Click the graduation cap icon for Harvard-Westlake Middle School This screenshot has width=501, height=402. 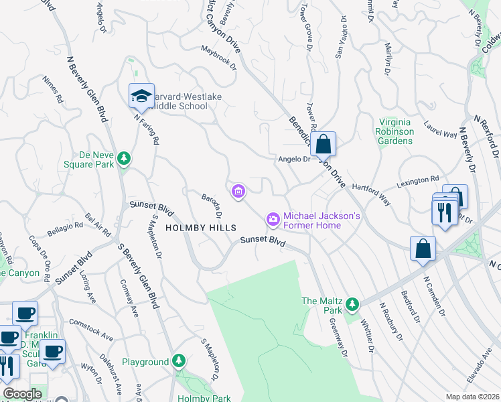[x=141, y=96]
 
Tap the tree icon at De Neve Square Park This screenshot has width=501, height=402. [x=123, y=158]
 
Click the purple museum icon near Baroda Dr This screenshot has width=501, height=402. [x=238, y=192]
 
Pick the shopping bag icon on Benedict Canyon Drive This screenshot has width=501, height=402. [x=323, y=143]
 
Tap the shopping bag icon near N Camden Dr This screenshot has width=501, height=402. [x=423, y=249]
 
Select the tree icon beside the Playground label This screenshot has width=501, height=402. [x=178, y=362]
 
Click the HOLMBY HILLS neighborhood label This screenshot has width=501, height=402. [x=200, y=228]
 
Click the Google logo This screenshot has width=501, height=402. [x=22, y=394]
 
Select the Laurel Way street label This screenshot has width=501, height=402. [x=440, y=129]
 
